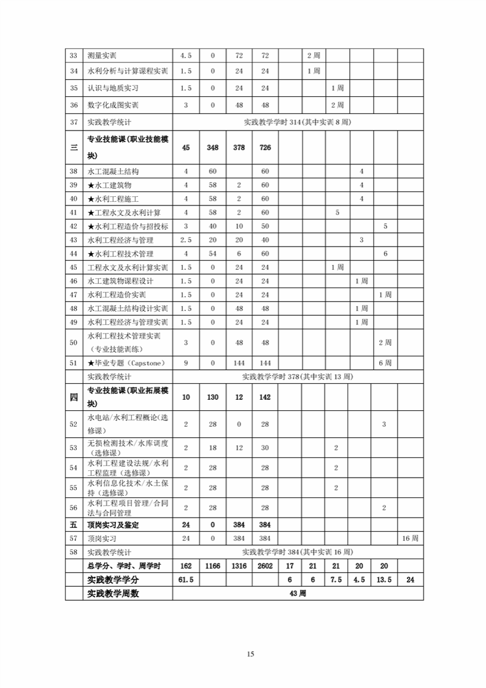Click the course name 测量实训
pos(102,56)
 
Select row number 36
pos(74,105)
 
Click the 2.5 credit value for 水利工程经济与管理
pos(186,240)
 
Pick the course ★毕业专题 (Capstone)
pos(126,363)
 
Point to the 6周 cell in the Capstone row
pos(385,363)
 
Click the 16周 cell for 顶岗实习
pos(410,538)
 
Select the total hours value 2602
pos(265,566)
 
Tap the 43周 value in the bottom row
pos(298,593)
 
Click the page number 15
pos(250,654)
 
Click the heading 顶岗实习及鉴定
pos(114,525)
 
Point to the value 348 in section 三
pos(212,148)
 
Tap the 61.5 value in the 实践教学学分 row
pos(186,579)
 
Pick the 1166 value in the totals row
pos(212,566)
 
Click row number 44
pos(74,254)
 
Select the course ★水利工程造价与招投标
pos(128,226)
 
